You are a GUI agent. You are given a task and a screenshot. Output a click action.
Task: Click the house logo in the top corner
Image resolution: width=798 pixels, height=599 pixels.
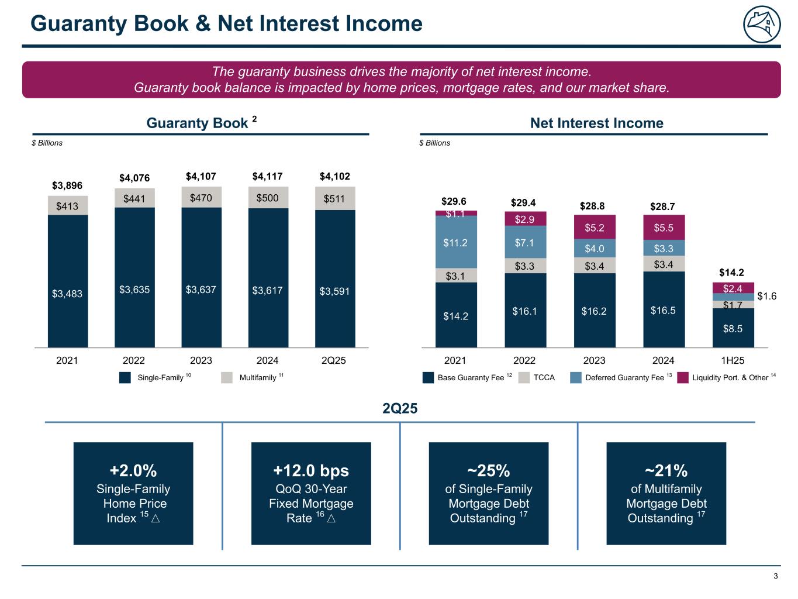click(x=762, y=25)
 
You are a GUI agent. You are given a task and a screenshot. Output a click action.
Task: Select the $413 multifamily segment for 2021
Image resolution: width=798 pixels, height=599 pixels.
click(x=68, y=205)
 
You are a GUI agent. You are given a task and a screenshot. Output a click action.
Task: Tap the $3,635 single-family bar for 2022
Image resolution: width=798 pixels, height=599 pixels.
click(x=134, y=289)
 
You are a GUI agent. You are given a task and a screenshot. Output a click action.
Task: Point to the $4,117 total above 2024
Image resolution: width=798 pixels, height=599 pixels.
click(x=268, y=176)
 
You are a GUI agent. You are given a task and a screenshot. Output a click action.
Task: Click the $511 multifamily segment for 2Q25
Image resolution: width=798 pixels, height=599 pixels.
click(x=335, y=199)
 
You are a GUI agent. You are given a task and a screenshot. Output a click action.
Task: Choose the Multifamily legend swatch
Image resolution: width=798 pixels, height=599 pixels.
click(x=227, y=378)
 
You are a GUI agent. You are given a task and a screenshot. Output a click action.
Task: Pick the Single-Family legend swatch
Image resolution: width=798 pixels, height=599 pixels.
click(x=125, y=378)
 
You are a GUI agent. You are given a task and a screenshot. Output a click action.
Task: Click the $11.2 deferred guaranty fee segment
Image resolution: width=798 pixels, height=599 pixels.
click(x=456, y=242)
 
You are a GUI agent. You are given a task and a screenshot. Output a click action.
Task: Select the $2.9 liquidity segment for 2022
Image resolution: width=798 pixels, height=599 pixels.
click(x=525, y=219)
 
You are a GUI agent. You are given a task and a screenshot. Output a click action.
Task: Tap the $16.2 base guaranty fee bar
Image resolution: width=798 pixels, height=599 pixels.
click(x=594, y=311)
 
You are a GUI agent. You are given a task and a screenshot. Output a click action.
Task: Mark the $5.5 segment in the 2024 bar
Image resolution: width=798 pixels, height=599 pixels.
click(x=664, y=228)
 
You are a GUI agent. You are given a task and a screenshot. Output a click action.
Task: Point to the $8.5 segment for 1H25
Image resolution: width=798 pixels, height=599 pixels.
click(x=733, y=328)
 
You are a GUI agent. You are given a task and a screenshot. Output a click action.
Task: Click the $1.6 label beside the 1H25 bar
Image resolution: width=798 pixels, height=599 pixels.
click(x=766, y=297)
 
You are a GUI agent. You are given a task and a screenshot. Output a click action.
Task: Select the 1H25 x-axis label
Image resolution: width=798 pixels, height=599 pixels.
click(x=733, y=360)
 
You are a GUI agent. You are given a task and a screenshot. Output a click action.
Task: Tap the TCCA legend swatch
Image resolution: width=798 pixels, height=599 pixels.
click(x=524, y=378)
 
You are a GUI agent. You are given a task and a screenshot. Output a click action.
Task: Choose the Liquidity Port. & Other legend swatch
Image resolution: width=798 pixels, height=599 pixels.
click(x=683, y=378)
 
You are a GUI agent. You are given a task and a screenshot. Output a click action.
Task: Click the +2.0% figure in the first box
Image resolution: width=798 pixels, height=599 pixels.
click(x=133, y=470)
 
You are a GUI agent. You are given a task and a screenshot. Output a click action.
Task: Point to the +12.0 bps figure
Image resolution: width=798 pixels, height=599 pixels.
click(x=311, y=470)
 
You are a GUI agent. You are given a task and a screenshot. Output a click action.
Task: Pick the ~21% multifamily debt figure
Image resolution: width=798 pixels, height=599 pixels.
click(x=666, y=470)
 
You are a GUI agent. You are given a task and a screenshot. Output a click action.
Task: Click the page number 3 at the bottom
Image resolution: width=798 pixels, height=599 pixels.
click(x=776, y=577)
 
